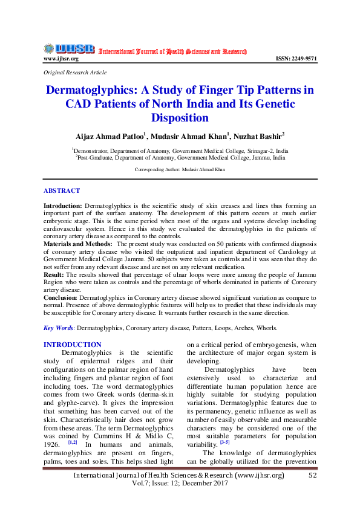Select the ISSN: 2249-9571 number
(x=296, y=59)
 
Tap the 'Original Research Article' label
(x=75, y=72)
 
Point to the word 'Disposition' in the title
(x=180, y=118)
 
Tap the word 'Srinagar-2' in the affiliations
(x=241, y=150)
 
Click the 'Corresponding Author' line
(x=180, y=170)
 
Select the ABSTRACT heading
(x=62, y=190)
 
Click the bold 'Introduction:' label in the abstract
(x=63, y=206)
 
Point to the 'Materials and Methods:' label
(x=77, y=243)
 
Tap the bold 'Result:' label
(x=55, y=274)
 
